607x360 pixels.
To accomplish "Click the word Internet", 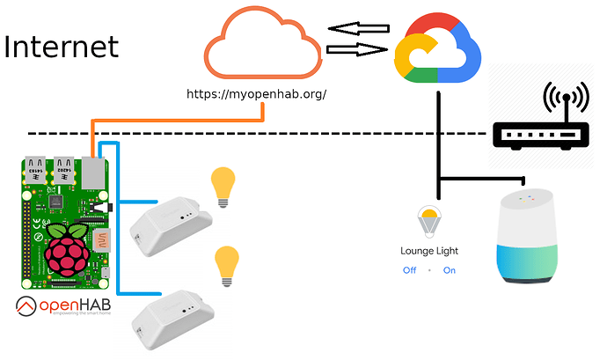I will click(61, 46).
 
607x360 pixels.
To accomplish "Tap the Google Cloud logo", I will click(436, 52).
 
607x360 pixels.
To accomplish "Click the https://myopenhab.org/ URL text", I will click(257, 92).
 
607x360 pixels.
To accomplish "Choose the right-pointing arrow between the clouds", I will click(358, 50).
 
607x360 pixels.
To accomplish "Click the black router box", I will click(539, 135).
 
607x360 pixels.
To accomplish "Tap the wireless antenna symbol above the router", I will click(564, 99).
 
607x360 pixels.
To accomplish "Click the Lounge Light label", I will click(429, 251).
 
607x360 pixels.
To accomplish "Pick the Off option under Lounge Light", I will click(409, 270).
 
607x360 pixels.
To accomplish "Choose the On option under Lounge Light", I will click(450, 270).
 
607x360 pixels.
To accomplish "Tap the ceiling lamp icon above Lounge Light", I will click(429, 220).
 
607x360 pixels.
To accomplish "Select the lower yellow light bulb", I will click(227, 265).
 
